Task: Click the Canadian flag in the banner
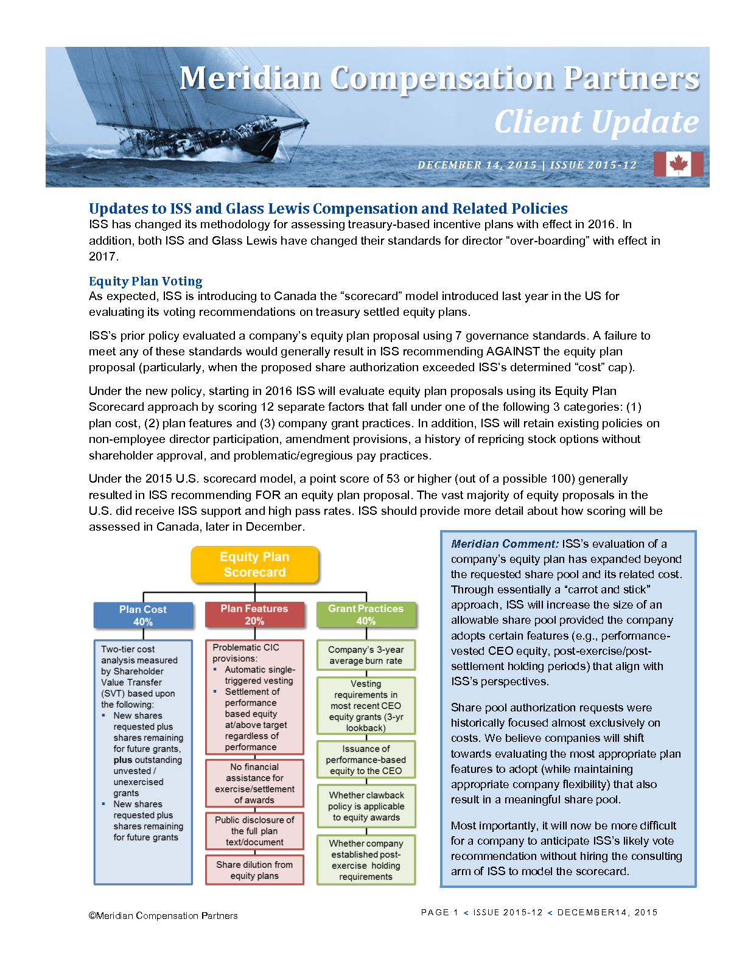[678, 164]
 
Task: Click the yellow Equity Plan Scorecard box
[254, 564]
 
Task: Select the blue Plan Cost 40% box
[143, 615]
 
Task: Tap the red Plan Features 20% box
[254, 615]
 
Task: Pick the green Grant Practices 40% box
[366, 615]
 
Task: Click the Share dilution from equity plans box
[254, 870]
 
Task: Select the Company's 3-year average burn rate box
[366, 655]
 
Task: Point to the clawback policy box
[366, 806]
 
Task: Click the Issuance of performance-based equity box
[366, 760]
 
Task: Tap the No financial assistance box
[254, 783]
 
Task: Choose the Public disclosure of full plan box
[254, 831]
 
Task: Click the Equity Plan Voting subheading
[145, 281]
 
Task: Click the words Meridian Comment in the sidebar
[505, 544]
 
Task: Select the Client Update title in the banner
[596, 122]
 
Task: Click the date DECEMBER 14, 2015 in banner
[477, 165]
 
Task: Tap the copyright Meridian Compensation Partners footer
[163, 915]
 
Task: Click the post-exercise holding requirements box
[366, 860]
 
